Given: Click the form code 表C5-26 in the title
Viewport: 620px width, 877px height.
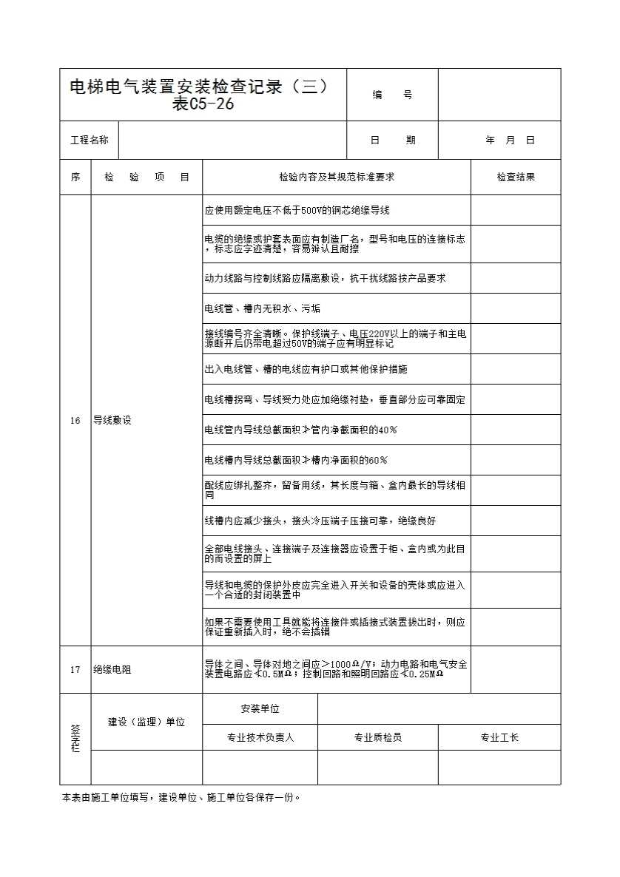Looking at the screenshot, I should tap(203, 105).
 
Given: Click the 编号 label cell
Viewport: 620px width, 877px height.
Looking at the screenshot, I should tap(392, 95).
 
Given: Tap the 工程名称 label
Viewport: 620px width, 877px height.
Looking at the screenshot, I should tap(89, 140).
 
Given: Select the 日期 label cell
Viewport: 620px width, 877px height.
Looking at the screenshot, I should tap(392, 140).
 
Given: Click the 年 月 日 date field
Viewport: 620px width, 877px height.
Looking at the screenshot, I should tap(510, 140).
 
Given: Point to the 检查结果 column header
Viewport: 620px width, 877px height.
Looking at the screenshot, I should tap(516, 177).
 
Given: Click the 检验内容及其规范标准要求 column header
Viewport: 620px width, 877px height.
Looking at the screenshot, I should tap(337, 177).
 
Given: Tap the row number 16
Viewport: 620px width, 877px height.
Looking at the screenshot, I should tap(75, 421).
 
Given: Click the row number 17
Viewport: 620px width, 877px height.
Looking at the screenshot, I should tap(75, 670).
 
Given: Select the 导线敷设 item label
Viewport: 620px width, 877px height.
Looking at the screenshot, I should tap(112, 421).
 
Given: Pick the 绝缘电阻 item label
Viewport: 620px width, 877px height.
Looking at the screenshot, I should tap(112, 670).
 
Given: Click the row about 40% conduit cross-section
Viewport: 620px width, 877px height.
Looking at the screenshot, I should tap(301, 430).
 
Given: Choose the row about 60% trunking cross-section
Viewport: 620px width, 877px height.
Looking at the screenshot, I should tap(296, 460).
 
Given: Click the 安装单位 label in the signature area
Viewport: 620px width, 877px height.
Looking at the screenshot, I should tap(260, 709).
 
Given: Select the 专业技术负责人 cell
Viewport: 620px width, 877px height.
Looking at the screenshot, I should tap(260, 738).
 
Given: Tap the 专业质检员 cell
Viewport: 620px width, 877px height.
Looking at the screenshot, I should tap(377, 738).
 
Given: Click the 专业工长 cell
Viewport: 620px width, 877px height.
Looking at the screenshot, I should tap(499, 738).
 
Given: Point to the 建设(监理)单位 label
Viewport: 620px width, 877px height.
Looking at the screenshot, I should tap(146, 722).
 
